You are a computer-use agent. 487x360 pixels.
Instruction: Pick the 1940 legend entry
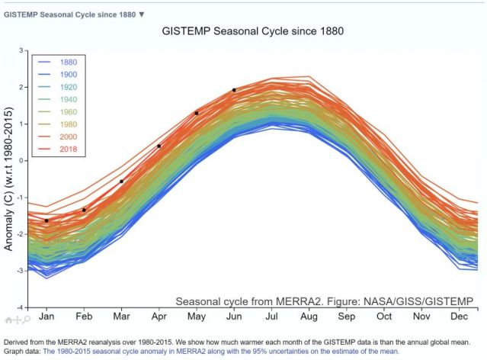(x=68, y=100)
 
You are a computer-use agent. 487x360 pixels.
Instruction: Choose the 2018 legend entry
(x=68, y=149)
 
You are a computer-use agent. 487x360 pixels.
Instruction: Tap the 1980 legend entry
(x=68, y=124)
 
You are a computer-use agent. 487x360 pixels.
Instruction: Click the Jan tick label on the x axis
(x=47, y=316)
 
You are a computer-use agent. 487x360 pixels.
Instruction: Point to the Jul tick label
(x=271, y=316)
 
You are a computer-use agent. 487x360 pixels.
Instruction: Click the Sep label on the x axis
(x=347, y=316)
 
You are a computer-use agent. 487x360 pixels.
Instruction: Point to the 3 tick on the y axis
(x=24, y=50)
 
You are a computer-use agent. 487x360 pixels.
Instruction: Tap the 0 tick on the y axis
(x=24, y=160)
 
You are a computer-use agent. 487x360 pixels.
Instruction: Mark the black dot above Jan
(x=46, y=220)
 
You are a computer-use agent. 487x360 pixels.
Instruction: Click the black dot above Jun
(x=234, y=90)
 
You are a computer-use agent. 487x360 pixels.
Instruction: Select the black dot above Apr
(x=159, y=146)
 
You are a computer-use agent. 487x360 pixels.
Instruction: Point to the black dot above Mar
(x=122, y=182)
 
